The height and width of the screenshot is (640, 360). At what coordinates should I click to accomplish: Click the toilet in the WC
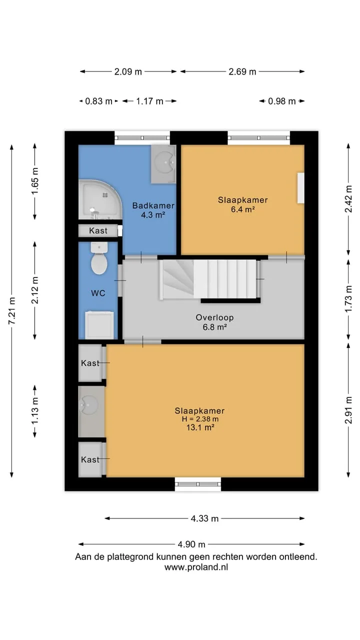point(99,258)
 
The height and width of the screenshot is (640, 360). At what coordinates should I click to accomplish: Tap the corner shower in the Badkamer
point(100,199)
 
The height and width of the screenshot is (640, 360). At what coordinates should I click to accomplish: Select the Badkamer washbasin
point(163,163)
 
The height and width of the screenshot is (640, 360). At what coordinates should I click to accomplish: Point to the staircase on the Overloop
point(209,279)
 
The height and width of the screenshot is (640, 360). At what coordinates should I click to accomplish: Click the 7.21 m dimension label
point(12,310)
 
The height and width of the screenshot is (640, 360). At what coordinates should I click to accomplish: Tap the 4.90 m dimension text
point(191,544)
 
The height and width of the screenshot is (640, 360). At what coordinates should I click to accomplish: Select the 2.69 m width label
point(242,71)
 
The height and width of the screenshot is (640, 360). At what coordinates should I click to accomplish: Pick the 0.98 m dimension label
point(281,101)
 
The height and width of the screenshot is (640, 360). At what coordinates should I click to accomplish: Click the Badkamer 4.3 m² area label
point(153,215)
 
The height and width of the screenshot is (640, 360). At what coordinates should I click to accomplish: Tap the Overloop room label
point(214,317)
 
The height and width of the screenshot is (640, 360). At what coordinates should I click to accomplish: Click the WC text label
point(98,293)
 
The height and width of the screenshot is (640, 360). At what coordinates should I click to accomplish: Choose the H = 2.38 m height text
point(200,419)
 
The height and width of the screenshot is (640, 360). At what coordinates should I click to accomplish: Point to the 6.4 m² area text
point(243,209)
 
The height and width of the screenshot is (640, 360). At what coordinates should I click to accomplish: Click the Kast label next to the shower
point(98,230)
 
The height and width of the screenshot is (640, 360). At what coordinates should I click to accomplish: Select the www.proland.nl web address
point(196,567)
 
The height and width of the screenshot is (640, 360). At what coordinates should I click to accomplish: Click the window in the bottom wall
point(198,484)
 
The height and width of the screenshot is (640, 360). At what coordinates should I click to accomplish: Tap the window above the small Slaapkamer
point(259,138)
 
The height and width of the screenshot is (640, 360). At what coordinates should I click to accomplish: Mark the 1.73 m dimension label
point(348,299)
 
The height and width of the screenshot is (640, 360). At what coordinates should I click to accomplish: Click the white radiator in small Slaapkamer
point(300,188)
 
